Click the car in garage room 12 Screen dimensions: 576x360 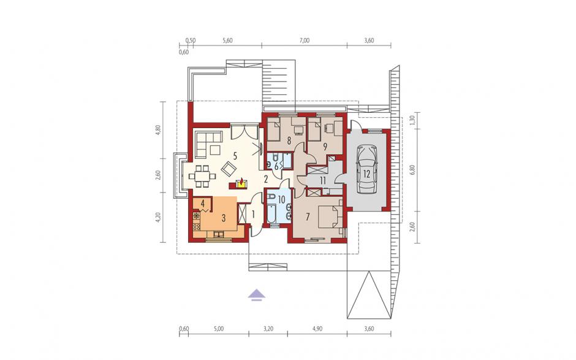(366, 169)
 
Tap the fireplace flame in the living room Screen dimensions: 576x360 (241, 182)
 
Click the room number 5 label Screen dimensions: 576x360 (235, 156)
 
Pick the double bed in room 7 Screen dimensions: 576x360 (330, 217)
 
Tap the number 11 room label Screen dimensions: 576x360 (323, 180)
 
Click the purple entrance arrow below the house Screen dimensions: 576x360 (256, 295)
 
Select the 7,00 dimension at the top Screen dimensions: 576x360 (305, 40)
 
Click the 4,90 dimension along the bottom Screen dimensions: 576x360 (317, 329)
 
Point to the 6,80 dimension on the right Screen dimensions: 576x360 (412, 169)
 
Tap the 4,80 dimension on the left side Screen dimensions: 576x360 (158, 131)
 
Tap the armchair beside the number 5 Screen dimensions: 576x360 (229, 169)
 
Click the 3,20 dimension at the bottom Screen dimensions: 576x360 (268, 329)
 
